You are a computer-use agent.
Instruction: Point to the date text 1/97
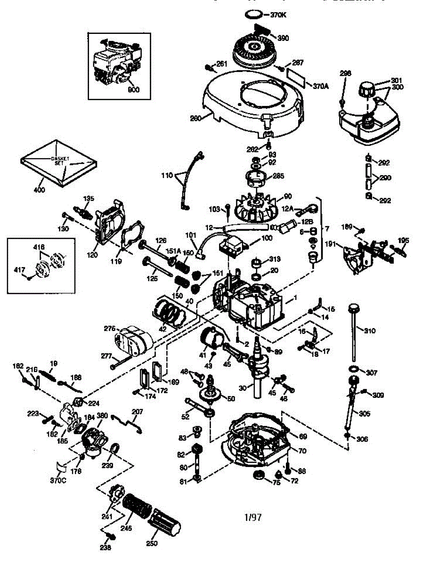253,517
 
